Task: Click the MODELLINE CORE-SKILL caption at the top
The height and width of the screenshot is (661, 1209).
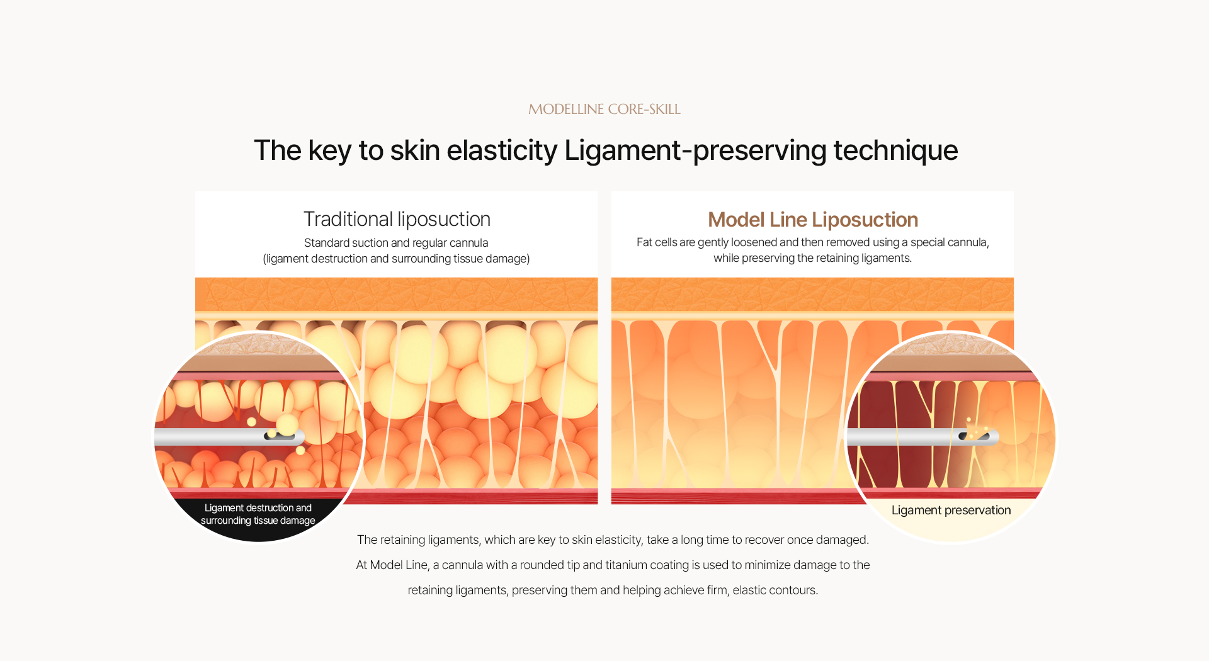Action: pos(604,109)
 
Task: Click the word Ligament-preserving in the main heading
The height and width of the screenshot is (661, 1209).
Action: pos(695,150)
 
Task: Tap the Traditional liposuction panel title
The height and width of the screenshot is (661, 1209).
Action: pos(397,219)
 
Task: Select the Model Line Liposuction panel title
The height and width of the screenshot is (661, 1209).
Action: pos(813,219)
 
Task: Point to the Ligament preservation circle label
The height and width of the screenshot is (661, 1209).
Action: pos(951,510)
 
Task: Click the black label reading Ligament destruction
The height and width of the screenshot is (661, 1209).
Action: pos(258,514)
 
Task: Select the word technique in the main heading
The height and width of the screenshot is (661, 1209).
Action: pos(895,150)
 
